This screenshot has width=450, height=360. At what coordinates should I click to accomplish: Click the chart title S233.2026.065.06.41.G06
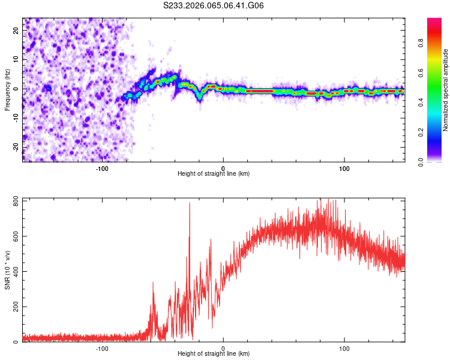click(x=214, y=6)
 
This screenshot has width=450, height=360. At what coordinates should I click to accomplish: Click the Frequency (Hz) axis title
click(x=7, y=89)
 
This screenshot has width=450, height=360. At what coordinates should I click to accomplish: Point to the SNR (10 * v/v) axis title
click(x=7, y=269)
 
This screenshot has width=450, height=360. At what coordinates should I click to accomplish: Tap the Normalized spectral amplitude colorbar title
click(x=446, y=90)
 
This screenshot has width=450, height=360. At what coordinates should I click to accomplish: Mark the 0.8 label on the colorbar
click(x=422, y=43)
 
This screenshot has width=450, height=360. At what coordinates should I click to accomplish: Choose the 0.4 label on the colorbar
click(x=422, y=103)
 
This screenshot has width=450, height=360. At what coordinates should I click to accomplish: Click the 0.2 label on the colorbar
click(x=422, y=132)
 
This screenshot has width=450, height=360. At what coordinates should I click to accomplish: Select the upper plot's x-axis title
click(x=214, y=174)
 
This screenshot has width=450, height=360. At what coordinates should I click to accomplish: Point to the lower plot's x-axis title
click(x=214, y=355)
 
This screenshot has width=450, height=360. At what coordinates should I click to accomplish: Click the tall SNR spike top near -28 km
click(x=190, y=203)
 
